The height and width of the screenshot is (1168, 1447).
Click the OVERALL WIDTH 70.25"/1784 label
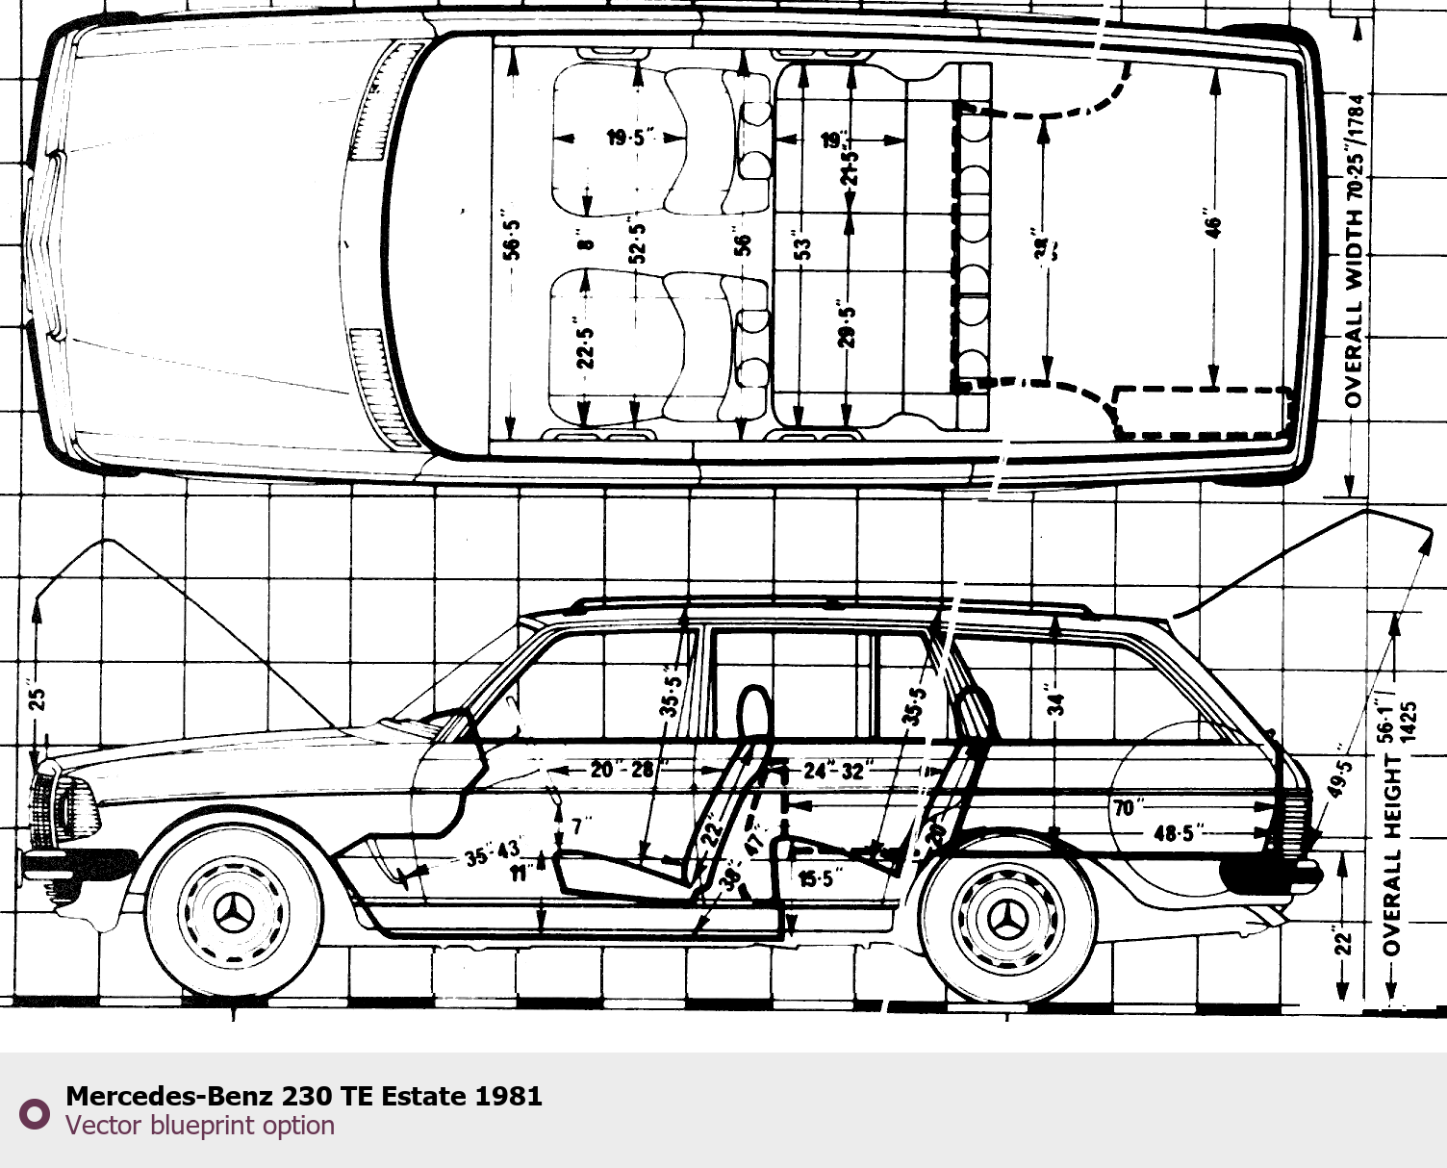point(1355,250)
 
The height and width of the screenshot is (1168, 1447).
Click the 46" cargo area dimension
point(1214,224)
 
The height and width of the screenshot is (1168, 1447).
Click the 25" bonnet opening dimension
point(37,698)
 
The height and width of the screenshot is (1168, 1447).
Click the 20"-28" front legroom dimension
point(622,770)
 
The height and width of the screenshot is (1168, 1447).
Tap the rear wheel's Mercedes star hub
point(1007,918)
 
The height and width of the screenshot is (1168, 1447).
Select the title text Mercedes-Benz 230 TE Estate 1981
point(304,1096)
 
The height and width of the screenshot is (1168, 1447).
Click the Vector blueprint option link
point(200,1126)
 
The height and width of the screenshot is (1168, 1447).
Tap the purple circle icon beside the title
point(35,1113)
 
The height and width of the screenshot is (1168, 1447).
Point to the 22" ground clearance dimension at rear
point(1343,940)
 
